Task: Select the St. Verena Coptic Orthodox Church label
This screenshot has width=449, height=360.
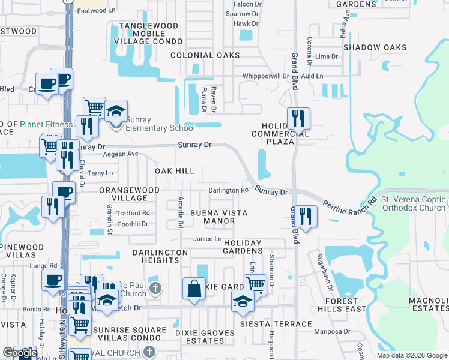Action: click(x=414, y=203)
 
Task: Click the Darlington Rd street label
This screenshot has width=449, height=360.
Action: click(x=228, y=190)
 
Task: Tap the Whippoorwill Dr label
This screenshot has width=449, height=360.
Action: click(x=266, y=76)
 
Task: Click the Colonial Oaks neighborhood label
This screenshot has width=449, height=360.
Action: click(x=205, y=55)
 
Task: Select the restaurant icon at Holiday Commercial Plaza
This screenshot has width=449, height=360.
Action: click(x=298, y=119)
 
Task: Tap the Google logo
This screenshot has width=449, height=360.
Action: click(x=19, y=353)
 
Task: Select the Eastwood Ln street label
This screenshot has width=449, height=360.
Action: click(x=96, y=11)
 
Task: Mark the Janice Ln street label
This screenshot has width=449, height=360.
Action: click(x=208, y=239)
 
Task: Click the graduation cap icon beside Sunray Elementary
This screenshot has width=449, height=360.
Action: click(x=115, y=111)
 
